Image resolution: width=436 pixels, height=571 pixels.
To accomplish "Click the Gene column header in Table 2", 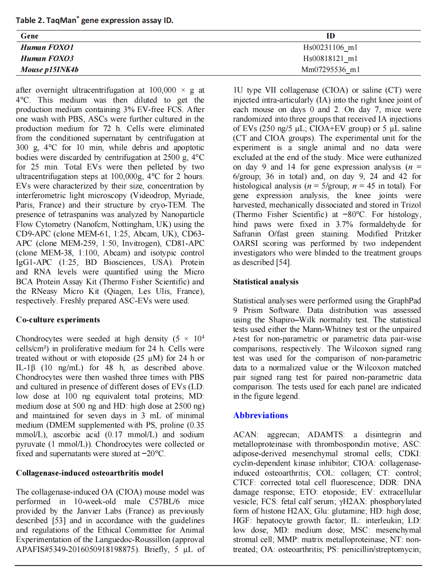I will tap(30, 36).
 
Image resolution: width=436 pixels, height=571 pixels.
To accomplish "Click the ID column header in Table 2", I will tap(331, 36).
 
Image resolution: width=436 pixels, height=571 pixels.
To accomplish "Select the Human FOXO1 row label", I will tap(47, 47).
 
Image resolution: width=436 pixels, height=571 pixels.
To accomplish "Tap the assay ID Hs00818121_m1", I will tap(330, 58).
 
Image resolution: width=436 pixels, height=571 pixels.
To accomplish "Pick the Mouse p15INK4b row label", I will tap(50, 69).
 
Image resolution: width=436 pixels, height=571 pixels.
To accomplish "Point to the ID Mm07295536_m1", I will tap(330, 69).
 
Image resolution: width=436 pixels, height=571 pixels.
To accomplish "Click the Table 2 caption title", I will tap(94, 20).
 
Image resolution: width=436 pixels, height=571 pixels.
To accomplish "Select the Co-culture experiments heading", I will tap(58, 320).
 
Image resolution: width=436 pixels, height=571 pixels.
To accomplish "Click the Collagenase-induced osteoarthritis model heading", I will tap(90, 473).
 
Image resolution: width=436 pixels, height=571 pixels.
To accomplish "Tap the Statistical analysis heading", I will tap(266, 282).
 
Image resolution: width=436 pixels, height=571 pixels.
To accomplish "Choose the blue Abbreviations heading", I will tap(260, 415).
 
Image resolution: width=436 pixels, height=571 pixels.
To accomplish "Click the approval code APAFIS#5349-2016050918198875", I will tap(77, 549).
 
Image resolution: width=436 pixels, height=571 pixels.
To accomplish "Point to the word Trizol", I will tap(411, 205).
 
